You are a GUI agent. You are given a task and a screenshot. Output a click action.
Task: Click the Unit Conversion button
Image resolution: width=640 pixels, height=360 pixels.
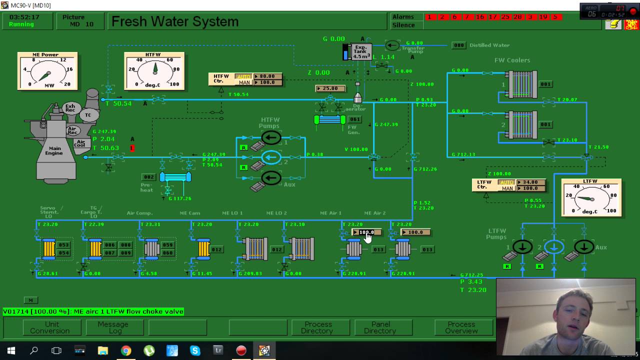[50, 327]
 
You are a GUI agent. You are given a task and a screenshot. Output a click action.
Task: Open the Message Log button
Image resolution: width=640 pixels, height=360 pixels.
[113, 327]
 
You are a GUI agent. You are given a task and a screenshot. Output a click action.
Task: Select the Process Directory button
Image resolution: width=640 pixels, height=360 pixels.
[317, 327]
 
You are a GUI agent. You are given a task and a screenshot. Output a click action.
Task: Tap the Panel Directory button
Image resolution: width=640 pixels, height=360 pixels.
[380, 327]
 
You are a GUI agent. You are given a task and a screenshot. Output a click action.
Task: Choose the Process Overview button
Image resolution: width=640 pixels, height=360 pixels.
[461, 327]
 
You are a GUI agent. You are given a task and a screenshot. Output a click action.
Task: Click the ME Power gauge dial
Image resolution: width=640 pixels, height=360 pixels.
[47, 71]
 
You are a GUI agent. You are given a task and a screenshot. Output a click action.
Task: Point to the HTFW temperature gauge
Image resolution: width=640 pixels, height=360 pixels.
[154, 71]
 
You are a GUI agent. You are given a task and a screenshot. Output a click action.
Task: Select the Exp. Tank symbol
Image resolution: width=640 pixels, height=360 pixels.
[361, 51]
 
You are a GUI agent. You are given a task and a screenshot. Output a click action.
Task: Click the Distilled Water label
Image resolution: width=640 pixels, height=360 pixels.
[489, 45]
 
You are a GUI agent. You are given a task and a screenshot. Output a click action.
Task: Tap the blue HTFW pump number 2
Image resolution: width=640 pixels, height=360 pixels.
[271, 157]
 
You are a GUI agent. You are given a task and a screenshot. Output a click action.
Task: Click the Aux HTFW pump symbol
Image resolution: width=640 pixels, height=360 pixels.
[271, 177]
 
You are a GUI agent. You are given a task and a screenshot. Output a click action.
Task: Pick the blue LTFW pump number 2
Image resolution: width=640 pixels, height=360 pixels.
[553, 246]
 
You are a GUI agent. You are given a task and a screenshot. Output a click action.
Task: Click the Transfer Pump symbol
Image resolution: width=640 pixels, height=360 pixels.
[392, 45]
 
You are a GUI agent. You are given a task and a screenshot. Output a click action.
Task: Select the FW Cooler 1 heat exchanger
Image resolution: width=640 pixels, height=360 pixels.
[521, 84]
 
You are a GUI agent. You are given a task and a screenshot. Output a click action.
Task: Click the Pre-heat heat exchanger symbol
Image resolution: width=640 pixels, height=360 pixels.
[175, 177]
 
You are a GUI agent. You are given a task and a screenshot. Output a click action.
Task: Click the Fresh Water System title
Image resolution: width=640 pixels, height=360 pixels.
[175, 21]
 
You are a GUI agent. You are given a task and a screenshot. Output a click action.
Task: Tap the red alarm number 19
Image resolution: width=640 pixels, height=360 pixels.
[543, 17]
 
